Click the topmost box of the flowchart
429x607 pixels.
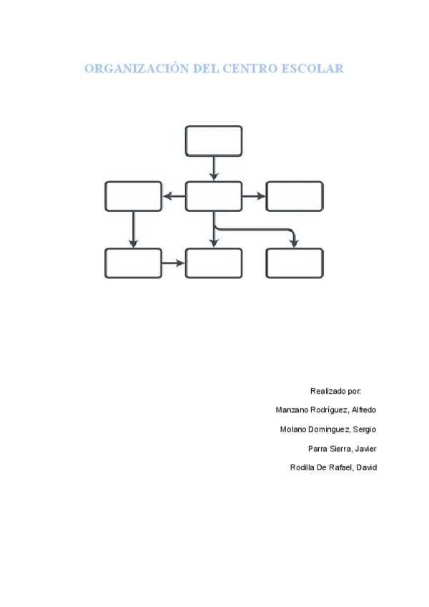pyautogui.click(x=214, y=141)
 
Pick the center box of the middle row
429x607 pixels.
pyautogui.click(x=214, y=196)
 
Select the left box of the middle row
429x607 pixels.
pyautogui.click(x=133, y=196)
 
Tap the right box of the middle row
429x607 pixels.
pyautogui.click(x=295, y=196)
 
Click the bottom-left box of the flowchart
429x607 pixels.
pyautogui.click(x=133, y=263)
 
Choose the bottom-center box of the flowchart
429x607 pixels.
pyautogui.click(x=214, y=263)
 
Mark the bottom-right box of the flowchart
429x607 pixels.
pyautogui.click(x=295, y=263)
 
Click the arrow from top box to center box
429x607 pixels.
pyautogui.click(x=214, y=169)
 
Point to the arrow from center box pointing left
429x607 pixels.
pyautogui.click(x=174, y=196)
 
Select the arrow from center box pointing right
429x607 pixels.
pyautogui.click(x=254, y=196)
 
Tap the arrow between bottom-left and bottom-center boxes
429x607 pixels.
pyautogui.click(x=174, y=263)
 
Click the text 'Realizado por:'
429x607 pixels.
pyautogui.click(x=335, y=391)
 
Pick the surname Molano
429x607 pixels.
pyautogui.click(x=294, y=429)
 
